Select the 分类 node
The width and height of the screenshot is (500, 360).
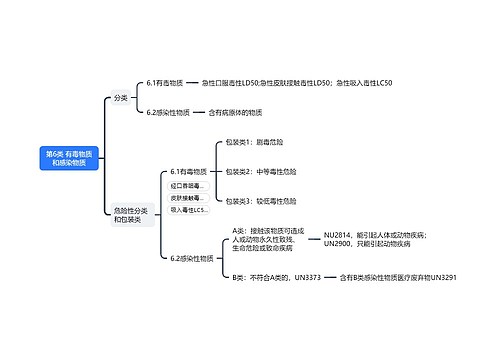point(121,98)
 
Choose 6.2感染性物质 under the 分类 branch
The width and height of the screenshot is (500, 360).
point(169,112)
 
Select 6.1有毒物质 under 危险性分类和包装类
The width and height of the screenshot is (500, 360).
point(190,172)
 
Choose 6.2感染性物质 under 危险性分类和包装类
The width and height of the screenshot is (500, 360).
point(192,258)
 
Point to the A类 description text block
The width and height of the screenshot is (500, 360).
point(268,240)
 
